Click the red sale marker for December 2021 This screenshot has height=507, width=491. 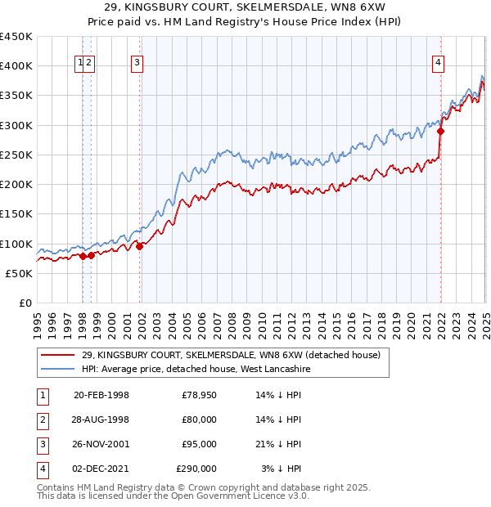pos(440,131)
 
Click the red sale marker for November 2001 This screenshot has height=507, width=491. pos(140,246)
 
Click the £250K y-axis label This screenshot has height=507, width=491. pos(17,155)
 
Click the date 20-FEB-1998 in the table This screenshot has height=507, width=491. pos(101,395)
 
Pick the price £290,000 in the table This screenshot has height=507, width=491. pos(196,469)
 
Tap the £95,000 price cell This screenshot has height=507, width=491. pos(199,444)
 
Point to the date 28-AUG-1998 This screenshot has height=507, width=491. pos(101,420)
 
